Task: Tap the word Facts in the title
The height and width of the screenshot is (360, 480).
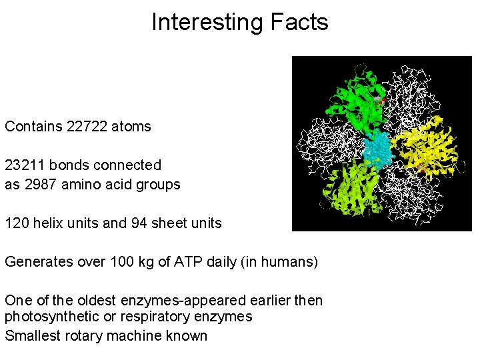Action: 299,23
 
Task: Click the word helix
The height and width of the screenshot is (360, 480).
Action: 49,223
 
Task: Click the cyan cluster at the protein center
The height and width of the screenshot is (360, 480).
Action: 378,149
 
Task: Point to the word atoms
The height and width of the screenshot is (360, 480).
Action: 133,127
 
